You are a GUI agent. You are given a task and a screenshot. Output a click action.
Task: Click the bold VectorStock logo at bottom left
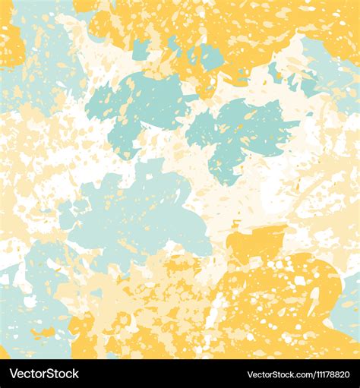click(43, 374)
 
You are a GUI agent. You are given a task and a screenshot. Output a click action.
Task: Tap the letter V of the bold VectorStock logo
click(12, 374)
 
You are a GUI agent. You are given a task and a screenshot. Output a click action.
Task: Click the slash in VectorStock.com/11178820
click(306, 374)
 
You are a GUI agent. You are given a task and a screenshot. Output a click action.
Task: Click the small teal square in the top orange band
click(140, 50)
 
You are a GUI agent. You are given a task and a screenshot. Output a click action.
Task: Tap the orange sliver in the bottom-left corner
click(3, 353)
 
